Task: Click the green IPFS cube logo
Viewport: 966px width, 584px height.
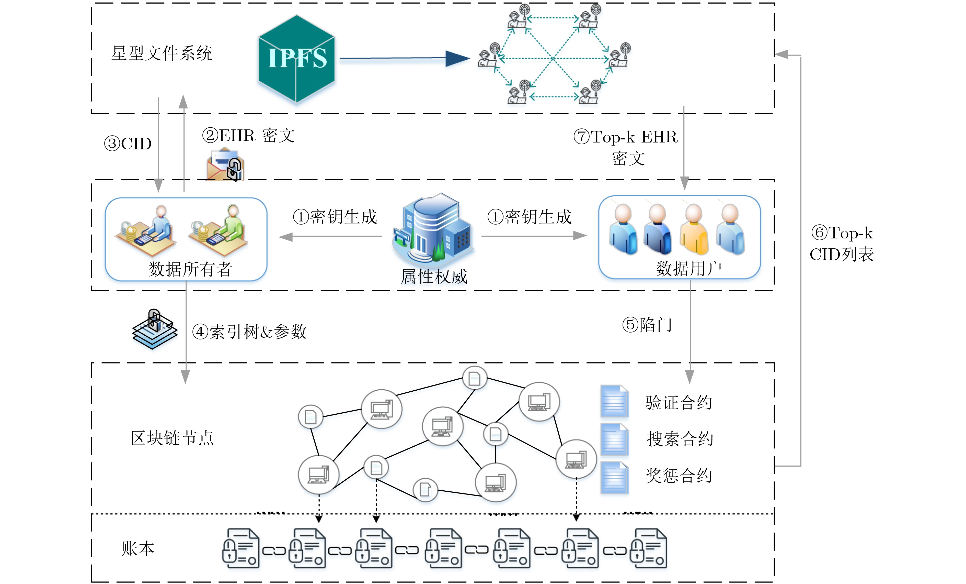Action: pyautogui.click(x=296, y=59)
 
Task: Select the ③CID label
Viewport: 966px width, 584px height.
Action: pyautogui.click(x=128, y=144)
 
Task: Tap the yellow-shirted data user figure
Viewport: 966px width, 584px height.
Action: pyautogui.click(x=694, y=230)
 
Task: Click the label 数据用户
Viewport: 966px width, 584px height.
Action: pyautogui.click(x=689, y=269)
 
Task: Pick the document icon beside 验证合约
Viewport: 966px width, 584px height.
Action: pyautogui.click(x=614, y=401)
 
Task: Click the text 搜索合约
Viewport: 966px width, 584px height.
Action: pyautogui.click(x=680, y=439)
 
